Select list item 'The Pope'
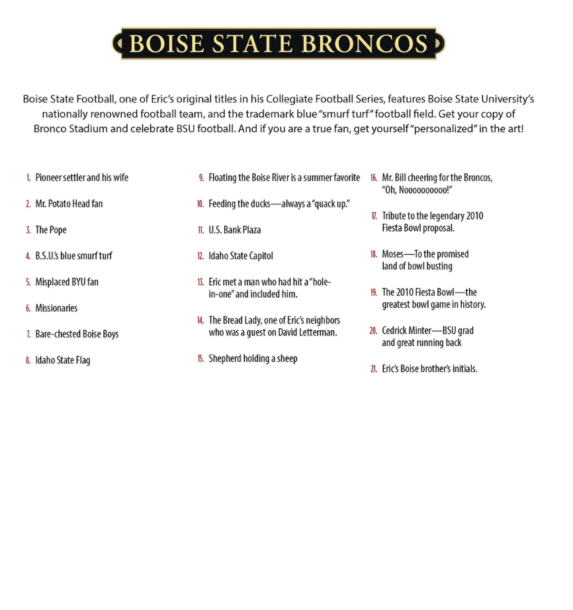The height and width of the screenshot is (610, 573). (x=51, y=230)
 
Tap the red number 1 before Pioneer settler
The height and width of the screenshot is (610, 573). (x=28, y=178)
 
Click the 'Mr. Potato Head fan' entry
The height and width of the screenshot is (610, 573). (x=69, y=204)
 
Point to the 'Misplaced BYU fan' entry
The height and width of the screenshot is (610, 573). (x=67, y=283)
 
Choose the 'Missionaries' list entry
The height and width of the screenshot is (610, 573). (x=56, y=308)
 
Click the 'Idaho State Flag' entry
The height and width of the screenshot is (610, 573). (x=63, y=361)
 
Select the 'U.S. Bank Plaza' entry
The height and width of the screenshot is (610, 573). (x=235, y=230)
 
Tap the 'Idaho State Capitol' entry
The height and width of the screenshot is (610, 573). (x=241, y=256)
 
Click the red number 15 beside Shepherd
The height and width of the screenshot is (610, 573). (x=200, y=359)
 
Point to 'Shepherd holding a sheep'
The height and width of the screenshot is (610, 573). (x=253, y=359)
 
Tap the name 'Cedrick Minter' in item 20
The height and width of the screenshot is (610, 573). (x=408, y=331)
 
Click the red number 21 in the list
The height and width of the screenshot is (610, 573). (x=374, y=369)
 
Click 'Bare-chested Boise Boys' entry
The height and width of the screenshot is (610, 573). (x=77, y=334)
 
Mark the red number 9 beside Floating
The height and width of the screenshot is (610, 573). (x=201, y=178)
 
